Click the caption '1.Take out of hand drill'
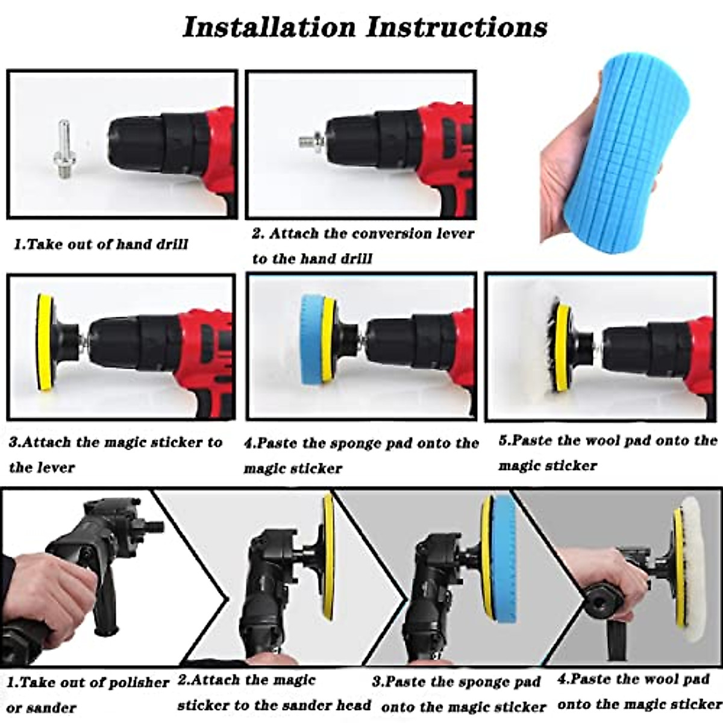[x=101, y=245]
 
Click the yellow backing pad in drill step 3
[x=43, y=344]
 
